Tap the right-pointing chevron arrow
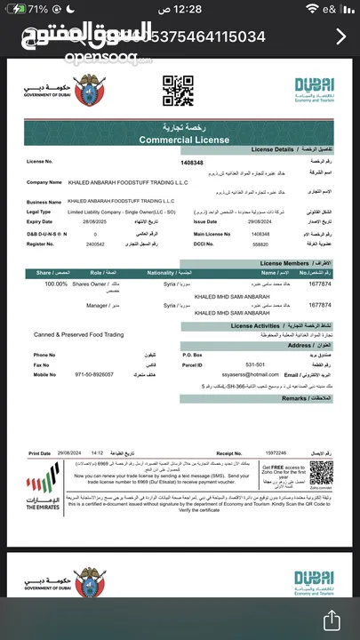tap(342, 36)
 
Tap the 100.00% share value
tap(56, 284)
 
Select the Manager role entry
tap(97, 304)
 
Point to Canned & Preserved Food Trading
tap(78, 334)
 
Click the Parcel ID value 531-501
tap(231, 364)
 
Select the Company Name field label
tap(48, 180)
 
